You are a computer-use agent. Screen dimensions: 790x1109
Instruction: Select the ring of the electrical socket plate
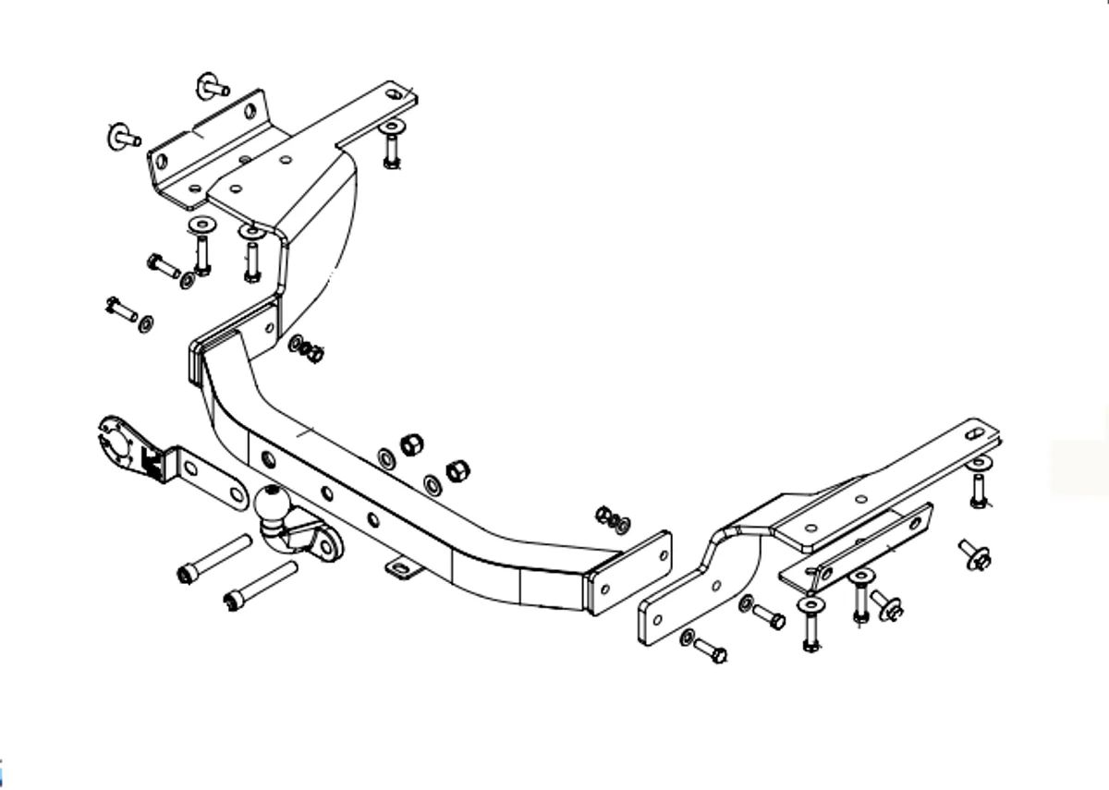pyautogui.click(x=116, y=444)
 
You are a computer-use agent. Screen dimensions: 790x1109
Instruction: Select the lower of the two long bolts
pyautogui.click(x=260, y=586)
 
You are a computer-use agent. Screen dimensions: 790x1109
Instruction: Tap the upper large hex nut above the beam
pyautogui.click(x=411, y=444)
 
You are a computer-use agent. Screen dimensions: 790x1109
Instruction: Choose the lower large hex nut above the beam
pyautogui.click(x=457, y=470)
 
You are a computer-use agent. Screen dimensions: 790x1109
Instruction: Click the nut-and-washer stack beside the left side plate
pyautogui.click(x=307, y=348)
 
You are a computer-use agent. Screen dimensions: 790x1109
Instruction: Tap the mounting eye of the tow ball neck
pyautogui.click(x=324, y=545)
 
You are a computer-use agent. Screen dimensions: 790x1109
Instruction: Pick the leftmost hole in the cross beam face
pyautogui.click(x=267, y=459)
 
